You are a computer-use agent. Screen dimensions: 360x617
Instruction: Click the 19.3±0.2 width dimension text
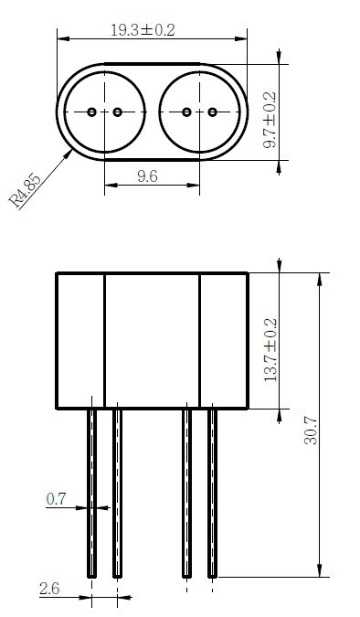tap(143, 30)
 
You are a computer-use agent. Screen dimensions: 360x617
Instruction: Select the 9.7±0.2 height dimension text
tap(270, 120)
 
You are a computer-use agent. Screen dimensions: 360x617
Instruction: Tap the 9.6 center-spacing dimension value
tap(147, 176)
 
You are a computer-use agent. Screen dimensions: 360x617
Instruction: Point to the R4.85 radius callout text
tap(25, 191)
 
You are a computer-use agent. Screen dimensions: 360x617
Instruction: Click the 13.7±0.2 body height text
tap(270, 350)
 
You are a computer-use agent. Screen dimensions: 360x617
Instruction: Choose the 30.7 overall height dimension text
tap(311, 431)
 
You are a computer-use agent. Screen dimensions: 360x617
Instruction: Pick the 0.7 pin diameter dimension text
tap(56, 499)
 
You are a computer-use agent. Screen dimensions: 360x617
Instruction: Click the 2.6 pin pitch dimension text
tap(49, 589)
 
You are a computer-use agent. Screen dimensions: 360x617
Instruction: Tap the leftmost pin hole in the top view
tap(91, 112)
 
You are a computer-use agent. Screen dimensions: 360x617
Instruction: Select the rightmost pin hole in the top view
tap(213, 112)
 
